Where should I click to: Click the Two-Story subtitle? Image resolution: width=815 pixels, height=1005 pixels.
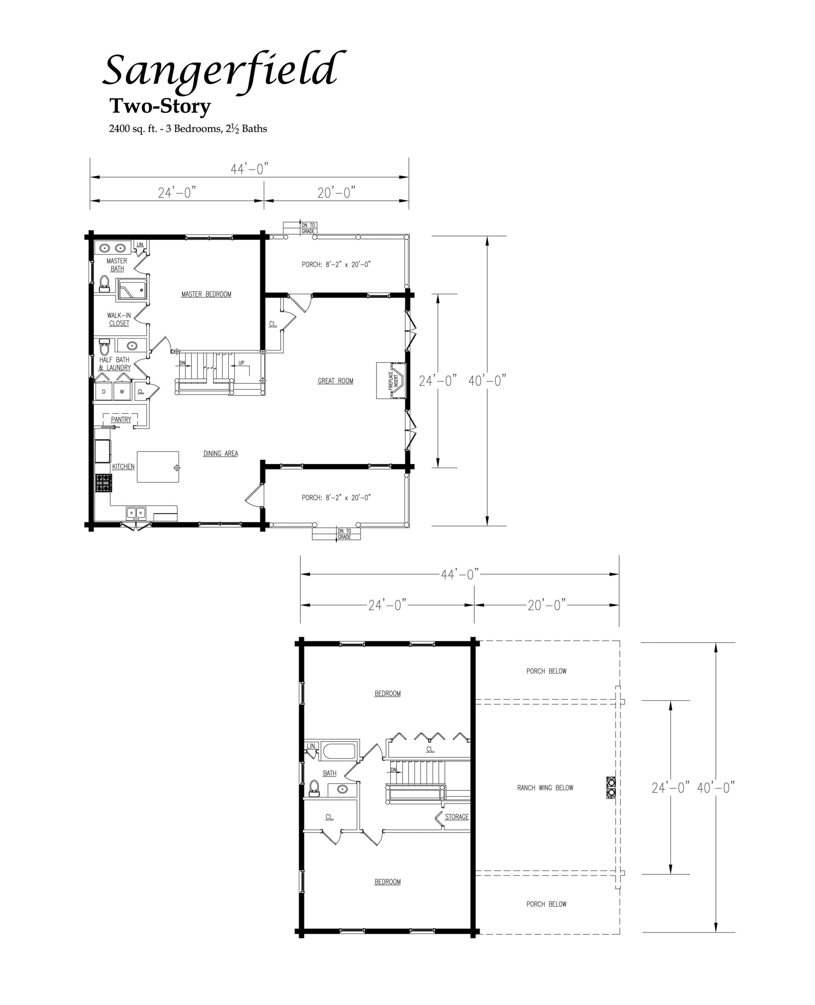pos(160,106)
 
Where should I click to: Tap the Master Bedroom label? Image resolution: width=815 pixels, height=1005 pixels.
pos(206,294)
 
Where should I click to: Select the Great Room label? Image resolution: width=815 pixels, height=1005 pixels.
pos(335,381)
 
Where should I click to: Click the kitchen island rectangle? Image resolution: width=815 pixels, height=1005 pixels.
pos(158,467)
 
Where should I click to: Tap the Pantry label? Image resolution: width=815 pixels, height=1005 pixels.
pos(121,420)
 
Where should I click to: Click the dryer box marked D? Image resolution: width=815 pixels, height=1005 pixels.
pos(104,391)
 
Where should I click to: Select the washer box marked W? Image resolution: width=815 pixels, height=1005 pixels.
pos(122,391)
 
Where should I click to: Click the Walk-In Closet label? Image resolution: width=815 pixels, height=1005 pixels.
pos(119,319)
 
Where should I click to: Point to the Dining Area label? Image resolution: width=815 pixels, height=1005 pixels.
pos(221,453)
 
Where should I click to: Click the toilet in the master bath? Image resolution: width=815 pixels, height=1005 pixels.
pos(104,284)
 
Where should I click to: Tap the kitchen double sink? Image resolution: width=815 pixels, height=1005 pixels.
pos(136,513)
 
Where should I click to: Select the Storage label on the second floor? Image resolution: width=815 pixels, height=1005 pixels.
pos(456,817)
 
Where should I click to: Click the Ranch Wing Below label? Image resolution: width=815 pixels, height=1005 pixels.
pos(545,788)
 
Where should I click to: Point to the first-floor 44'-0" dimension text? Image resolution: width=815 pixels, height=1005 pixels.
pos(249,169)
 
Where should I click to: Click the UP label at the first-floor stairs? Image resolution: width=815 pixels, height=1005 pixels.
pos(241,362)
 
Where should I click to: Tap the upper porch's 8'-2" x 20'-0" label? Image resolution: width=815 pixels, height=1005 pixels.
pos(337,264)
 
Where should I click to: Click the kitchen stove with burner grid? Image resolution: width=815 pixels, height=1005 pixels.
pos(104,483)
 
